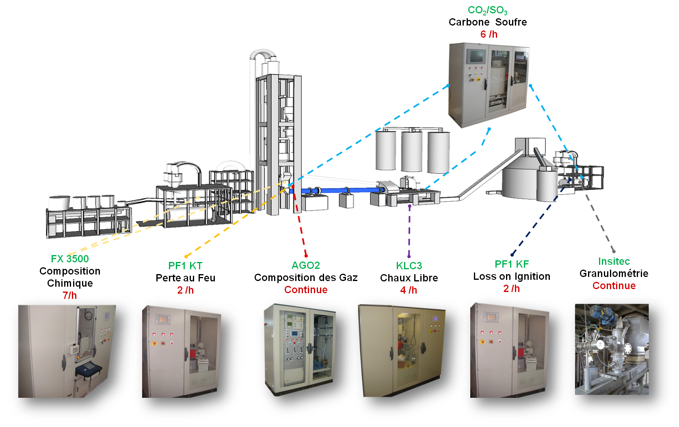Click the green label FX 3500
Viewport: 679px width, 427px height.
(70, 259)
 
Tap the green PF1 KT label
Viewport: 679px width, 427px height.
(185, 266)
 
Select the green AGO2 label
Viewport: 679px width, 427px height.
(306, 265)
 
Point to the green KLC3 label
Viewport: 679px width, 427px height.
(409, 266)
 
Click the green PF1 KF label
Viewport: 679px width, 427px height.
(512, 264)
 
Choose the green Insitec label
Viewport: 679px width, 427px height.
(614, 262)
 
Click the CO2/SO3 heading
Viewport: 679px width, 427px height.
(487, 10)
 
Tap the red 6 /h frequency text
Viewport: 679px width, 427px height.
(489, 34)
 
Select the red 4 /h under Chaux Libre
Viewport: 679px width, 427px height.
(409, 290)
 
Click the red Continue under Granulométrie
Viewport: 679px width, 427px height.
(614, 285)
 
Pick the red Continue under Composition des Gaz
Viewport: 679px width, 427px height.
(306, 290)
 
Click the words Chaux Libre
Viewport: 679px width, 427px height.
(409, 278)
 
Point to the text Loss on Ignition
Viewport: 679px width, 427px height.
(512, 276)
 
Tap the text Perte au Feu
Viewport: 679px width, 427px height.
(185, 278)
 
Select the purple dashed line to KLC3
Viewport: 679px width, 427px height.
(409, 231)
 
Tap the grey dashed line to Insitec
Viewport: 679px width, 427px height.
(600, 223)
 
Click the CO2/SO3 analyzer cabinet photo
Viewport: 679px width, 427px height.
(489, 85)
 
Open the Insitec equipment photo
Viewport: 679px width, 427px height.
(612, 349)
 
